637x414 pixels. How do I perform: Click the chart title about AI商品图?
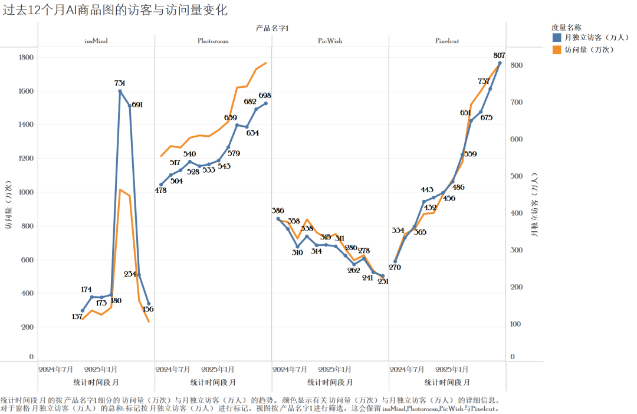point(115,10)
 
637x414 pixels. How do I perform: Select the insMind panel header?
point(96,41)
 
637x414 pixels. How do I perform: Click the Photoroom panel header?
point(213,41)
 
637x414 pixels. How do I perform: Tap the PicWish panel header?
point(330,41)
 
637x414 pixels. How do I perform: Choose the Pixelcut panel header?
point(447,41)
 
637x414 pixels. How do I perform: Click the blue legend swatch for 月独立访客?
point(557,38)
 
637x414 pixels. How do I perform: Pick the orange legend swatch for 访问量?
point(557,50)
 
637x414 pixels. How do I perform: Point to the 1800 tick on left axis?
point(26,58)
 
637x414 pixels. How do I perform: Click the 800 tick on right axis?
point(515,65)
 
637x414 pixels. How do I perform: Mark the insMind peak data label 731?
point(120,83)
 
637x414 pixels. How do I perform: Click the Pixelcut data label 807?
point(500,55)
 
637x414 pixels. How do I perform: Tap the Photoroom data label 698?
point(265,96)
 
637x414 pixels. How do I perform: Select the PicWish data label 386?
point(278,211)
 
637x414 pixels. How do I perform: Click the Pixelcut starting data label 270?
point(396,267)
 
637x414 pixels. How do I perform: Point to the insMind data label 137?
point(77,317)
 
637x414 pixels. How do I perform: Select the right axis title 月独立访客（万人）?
point(534,205)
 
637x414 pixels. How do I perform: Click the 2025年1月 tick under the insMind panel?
point(101,370)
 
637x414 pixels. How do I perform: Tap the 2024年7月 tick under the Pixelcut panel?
point(407,370)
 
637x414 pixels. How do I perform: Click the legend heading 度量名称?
point(567,27)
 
